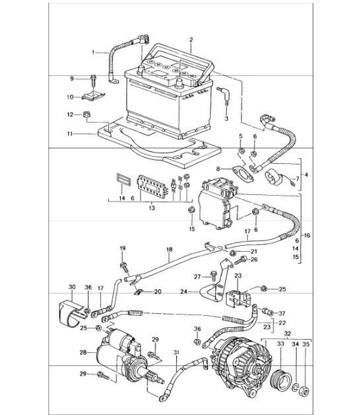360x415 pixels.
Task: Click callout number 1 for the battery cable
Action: tap(94, 51)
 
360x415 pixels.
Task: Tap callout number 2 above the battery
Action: tap(190, 40)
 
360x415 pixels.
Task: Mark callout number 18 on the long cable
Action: tap(168, 250)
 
